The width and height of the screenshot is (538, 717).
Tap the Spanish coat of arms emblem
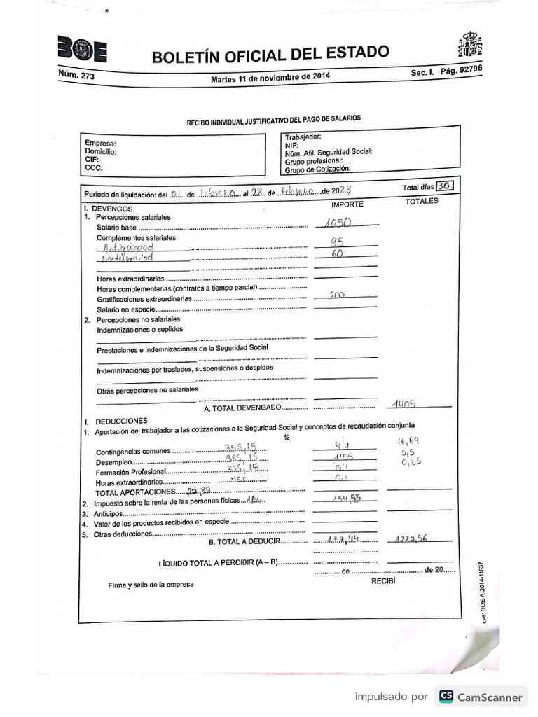[x=469, y=45]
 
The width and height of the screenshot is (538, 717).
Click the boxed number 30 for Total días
[x=444, y=186]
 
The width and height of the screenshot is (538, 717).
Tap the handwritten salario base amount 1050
[x=338, y=223]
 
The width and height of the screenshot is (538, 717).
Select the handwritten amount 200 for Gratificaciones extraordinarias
[x=337, y=295]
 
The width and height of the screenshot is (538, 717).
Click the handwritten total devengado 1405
[x=406, y=403]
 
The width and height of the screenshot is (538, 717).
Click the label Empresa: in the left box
[x=99, y=144]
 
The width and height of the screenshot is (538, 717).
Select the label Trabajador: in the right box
[x=303, y=137]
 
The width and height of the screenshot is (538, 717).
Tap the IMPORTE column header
[x=347, y=204]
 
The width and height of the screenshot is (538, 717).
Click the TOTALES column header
[x=421, y=201]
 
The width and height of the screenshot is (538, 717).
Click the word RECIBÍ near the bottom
[x=383, y=580]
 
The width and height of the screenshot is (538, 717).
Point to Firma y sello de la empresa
[x=151, y=584]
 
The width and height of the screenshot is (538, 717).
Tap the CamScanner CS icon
[x=446, y=696]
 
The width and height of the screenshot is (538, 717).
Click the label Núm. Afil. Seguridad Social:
[x=328, y=153]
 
